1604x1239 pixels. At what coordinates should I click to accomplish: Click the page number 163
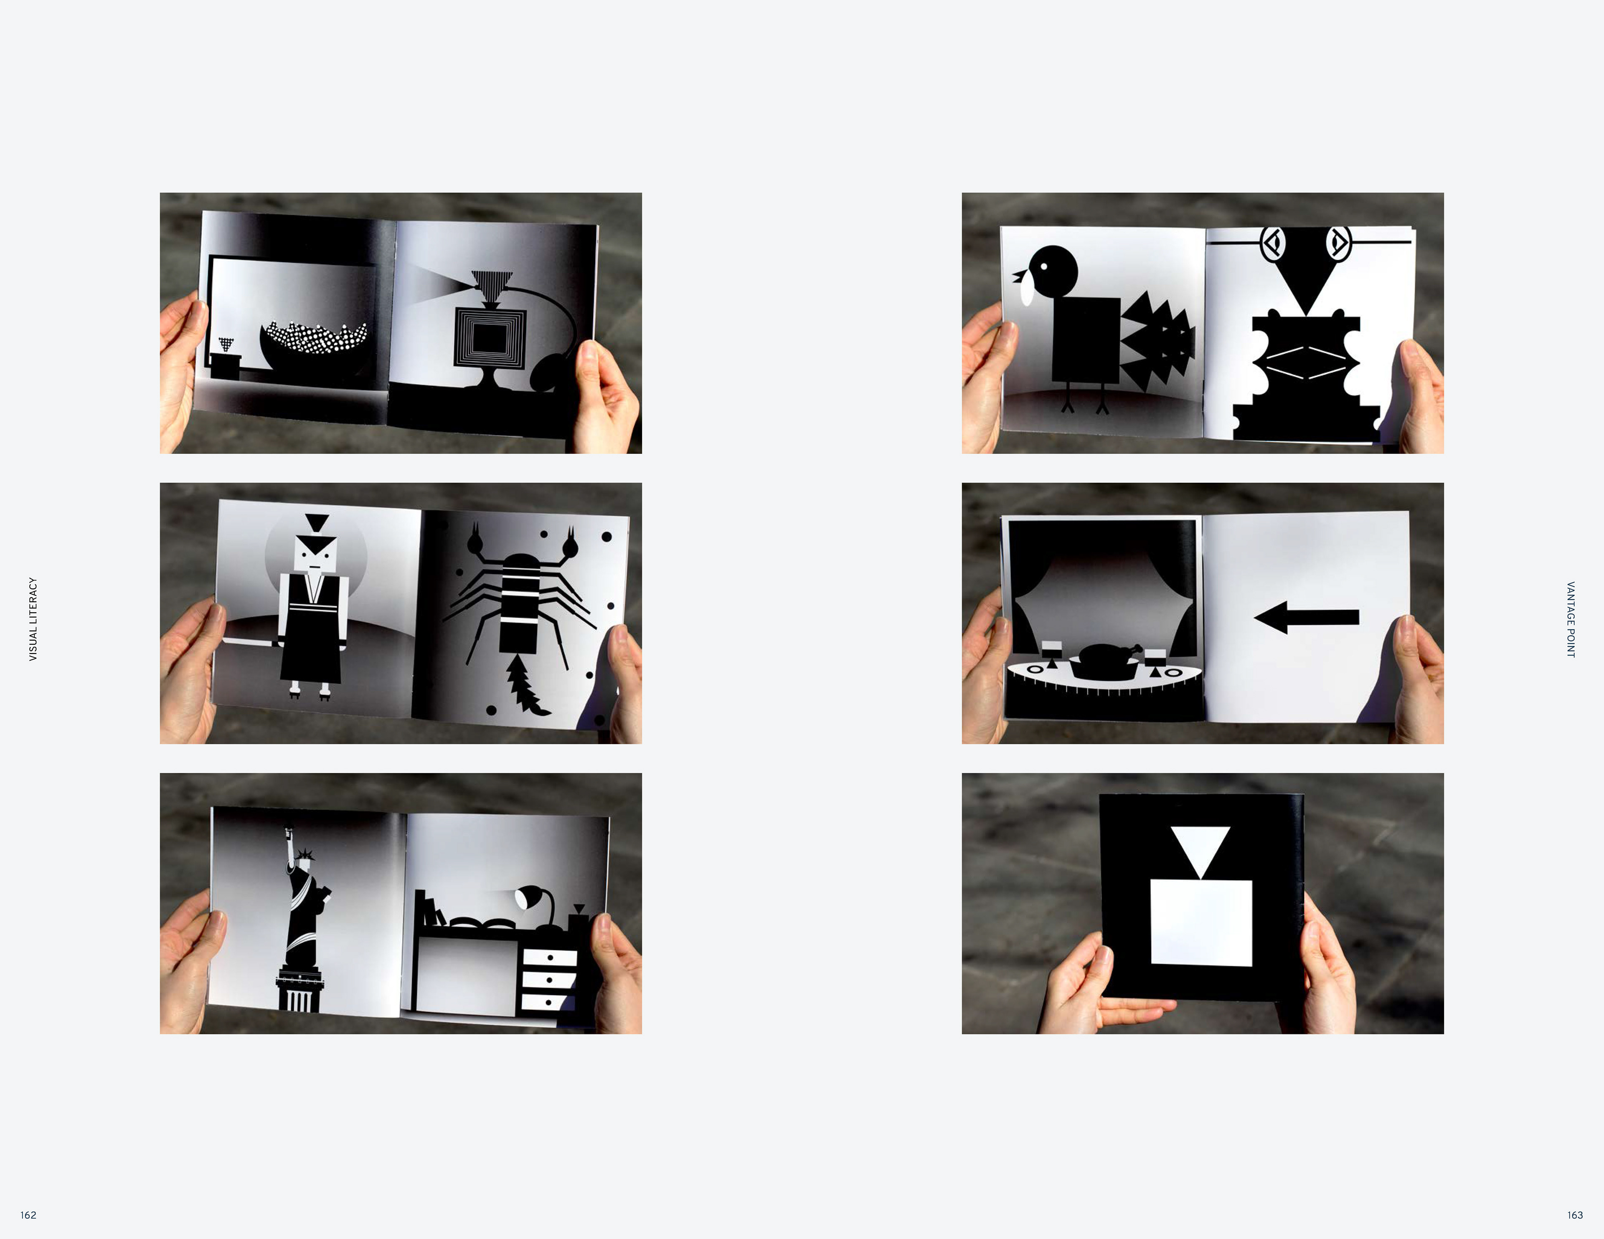(1575, 1215)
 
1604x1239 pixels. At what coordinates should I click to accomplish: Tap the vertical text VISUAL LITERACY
(32, 619)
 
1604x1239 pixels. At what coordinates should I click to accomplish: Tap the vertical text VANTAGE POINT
(1571, 619)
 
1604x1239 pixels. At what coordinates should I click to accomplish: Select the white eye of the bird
(1043, 266)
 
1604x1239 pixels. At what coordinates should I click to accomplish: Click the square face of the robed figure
(315, 555)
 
